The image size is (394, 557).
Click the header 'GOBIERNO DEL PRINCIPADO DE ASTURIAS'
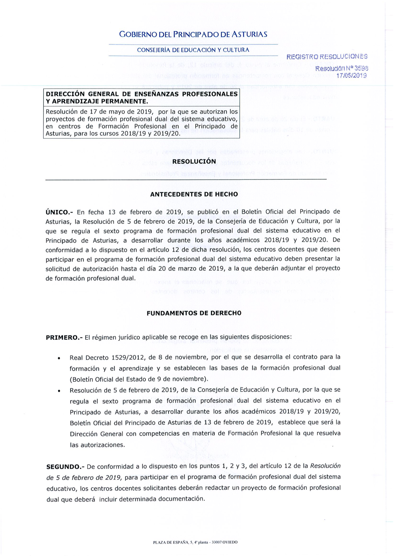193,35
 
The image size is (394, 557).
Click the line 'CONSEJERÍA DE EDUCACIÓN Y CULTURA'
193,50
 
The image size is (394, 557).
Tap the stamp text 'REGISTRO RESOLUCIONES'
327,57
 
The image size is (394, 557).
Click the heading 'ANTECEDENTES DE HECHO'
194,194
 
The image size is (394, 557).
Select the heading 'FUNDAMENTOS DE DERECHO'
194,313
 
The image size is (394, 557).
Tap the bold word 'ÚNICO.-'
58,212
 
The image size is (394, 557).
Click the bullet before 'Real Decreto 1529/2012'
59,359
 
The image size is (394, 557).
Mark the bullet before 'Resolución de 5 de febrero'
59,391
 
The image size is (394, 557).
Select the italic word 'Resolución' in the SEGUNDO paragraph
325,466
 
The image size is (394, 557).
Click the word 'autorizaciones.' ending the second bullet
92,445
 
